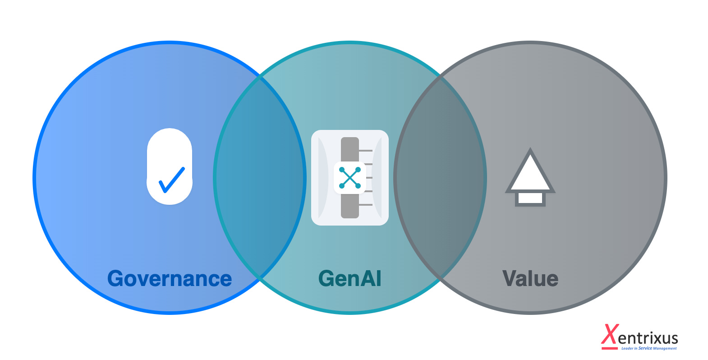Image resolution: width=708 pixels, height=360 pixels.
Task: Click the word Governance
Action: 170,279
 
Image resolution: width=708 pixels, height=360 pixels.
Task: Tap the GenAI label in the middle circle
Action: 350,279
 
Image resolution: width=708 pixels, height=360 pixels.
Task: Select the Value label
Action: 530,279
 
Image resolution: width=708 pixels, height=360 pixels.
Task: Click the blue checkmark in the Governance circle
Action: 171,180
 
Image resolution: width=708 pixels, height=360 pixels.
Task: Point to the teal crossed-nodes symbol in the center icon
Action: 350,178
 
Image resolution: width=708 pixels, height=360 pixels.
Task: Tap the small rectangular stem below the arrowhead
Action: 530,198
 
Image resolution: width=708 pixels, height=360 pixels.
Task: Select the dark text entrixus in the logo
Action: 648,338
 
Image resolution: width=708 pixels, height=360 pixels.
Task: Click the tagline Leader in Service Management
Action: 649,348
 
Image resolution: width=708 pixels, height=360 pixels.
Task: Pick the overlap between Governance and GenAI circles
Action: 260,178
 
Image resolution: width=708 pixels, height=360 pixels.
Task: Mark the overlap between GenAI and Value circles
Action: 440,178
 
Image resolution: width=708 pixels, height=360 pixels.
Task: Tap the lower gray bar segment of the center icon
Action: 350,206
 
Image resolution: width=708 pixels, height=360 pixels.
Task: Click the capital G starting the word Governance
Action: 115,279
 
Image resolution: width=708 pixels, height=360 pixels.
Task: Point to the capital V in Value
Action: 510,279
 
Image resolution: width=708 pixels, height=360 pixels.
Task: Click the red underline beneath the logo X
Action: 609,348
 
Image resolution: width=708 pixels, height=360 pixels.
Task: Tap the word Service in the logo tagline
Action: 645,348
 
